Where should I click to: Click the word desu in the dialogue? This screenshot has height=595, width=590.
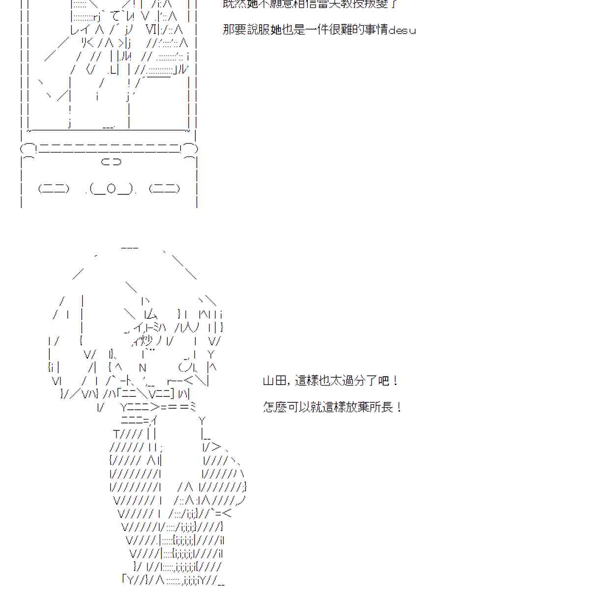click(402, 30)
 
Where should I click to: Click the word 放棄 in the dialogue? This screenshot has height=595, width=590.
click(357, 408)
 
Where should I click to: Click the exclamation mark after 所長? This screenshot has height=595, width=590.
click(398, 408)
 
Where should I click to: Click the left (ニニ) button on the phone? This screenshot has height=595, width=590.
click(54, 188)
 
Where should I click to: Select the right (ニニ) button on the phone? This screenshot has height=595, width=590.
click(164, 188)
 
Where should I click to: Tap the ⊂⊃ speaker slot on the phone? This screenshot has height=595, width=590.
click(111, 161)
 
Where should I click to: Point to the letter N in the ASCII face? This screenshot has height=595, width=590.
click(143, 367)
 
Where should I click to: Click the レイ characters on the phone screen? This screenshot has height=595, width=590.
click(79, 30)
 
